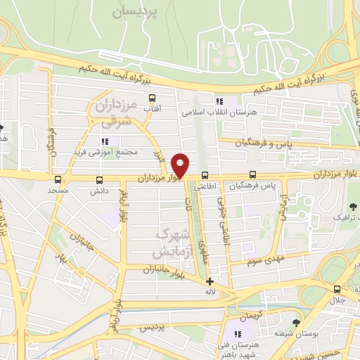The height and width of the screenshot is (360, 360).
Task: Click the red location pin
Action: [181, 165]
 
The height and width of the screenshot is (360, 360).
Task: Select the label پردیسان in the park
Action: [136, 11]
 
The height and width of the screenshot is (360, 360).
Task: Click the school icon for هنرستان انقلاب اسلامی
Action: [221, 101]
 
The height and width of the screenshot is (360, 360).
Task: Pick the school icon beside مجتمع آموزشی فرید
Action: [105, 141]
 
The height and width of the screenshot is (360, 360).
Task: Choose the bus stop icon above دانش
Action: [99, 180]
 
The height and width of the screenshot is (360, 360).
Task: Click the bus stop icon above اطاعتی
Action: [205, 176]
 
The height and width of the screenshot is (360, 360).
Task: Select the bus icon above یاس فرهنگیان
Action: [252, 176]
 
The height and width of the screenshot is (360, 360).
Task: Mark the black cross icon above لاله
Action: [210, 281]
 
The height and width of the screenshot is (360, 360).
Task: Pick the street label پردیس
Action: [149, 328]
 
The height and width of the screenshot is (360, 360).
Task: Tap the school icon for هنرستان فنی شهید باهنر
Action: [238, 333]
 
